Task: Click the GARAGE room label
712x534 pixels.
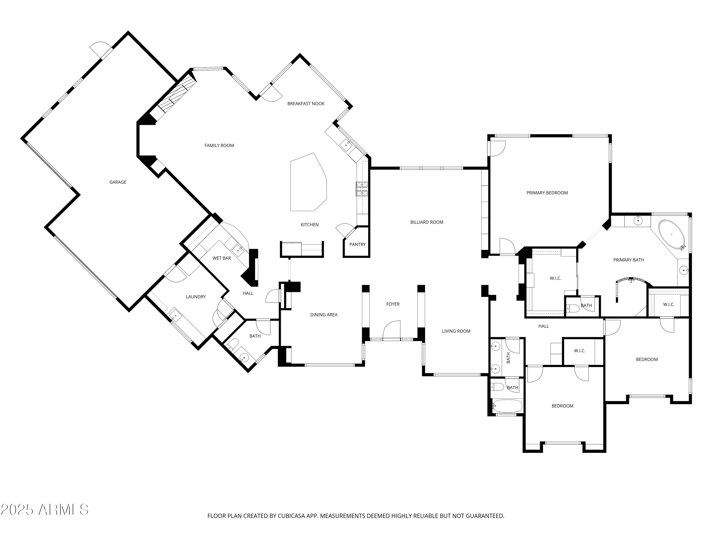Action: coord(117,182)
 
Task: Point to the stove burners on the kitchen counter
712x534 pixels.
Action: coord(361,189)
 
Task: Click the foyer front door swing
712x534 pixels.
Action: coord(392,330)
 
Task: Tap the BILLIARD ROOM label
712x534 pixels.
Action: coord(426,222)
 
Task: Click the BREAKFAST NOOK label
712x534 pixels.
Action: coord(305,104)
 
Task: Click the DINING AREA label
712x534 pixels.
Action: coord(323,315)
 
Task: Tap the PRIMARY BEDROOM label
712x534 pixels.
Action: coord(547,193)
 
